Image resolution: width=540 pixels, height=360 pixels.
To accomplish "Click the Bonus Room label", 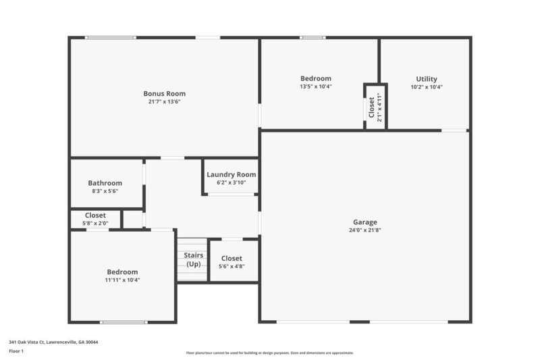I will point(164,93).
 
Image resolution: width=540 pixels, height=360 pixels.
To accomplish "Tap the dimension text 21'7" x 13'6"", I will point(164,102).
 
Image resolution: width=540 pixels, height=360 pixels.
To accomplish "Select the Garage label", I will point(365,222).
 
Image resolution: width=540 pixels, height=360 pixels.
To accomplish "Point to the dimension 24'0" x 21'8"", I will point(365,230).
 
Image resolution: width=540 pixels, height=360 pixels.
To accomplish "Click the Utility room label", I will point(427,78).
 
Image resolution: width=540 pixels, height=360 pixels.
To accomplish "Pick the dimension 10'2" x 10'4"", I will point(427,87).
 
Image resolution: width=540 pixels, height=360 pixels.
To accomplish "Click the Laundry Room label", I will point(232,174).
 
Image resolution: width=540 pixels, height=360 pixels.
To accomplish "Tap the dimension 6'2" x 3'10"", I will point(232,182).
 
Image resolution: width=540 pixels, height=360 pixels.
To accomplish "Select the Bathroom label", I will point(105,182).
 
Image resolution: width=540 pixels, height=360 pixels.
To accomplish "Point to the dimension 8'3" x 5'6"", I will point(105,191).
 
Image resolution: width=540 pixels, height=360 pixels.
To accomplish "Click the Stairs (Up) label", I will point(194,259).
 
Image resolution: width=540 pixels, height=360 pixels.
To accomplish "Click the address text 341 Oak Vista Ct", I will point(53,342).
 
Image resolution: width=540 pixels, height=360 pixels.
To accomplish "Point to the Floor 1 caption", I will point(16,351).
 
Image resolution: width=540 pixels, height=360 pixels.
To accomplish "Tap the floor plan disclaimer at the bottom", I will point(270,353).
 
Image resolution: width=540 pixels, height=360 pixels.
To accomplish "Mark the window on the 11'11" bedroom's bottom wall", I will point(124,322).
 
